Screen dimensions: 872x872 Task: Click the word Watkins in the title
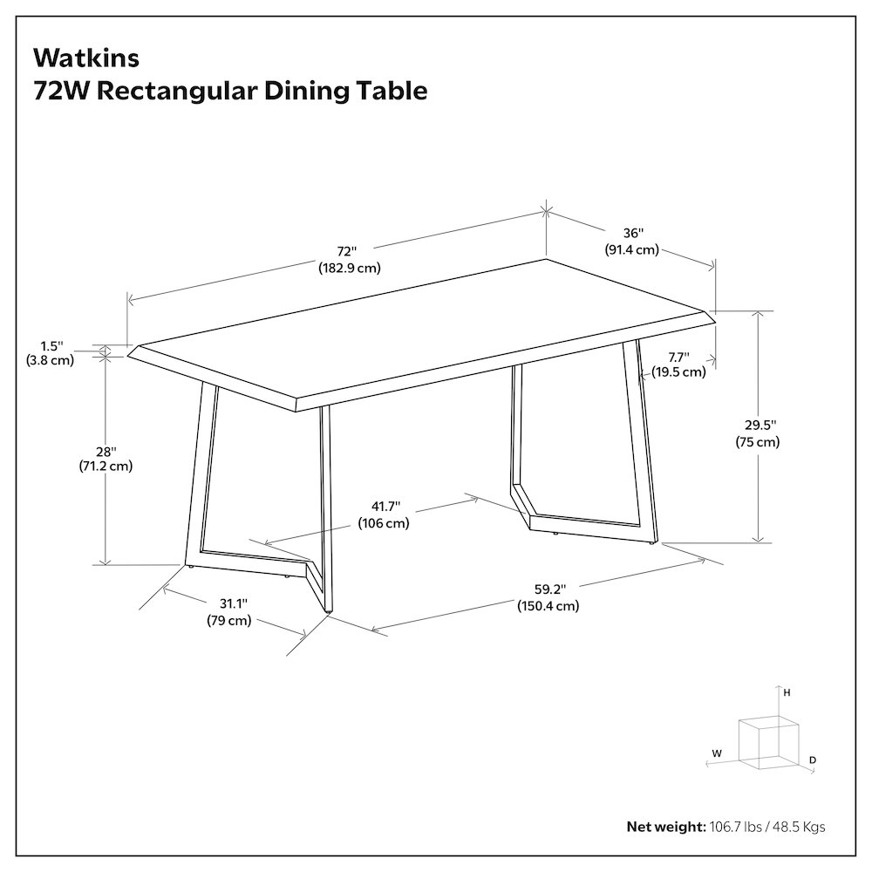[86, 58]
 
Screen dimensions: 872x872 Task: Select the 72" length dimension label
[346, 251]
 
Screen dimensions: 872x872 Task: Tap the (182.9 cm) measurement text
[350, 268]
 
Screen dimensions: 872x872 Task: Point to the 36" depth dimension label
[633, 233]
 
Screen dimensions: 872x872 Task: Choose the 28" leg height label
[106, 452]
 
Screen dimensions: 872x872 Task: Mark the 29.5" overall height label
[760, 426]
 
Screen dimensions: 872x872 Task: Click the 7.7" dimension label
[678, 357]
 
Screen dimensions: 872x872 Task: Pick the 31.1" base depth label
[233, 603]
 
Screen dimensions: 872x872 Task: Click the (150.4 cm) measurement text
[548, 606]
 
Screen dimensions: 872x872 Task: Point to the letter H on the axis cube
[787, 693]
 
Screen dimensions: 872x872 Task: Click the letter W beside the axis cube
[717, 753]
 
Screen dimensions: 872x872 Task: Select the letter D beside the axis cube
[813, 760]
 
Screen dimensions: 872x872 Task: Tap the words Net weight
[666, 827]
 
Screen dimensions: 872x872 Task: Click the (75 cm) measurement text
[758, 442]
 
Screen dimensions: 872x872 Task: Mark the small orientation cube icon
[769, 744]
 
